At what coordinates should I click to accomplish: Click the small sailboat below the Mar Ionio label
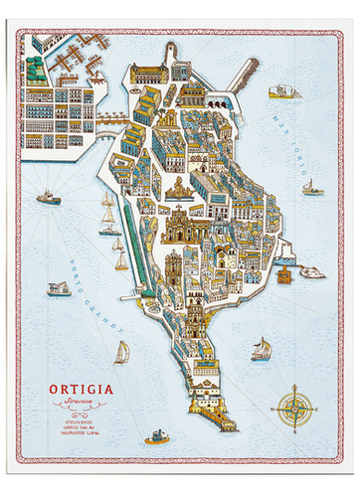pyautogui.click(x=310, y=186)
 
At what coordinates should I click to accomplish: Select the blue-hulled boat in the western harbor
pyautogui.click(x=48, y=197)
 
